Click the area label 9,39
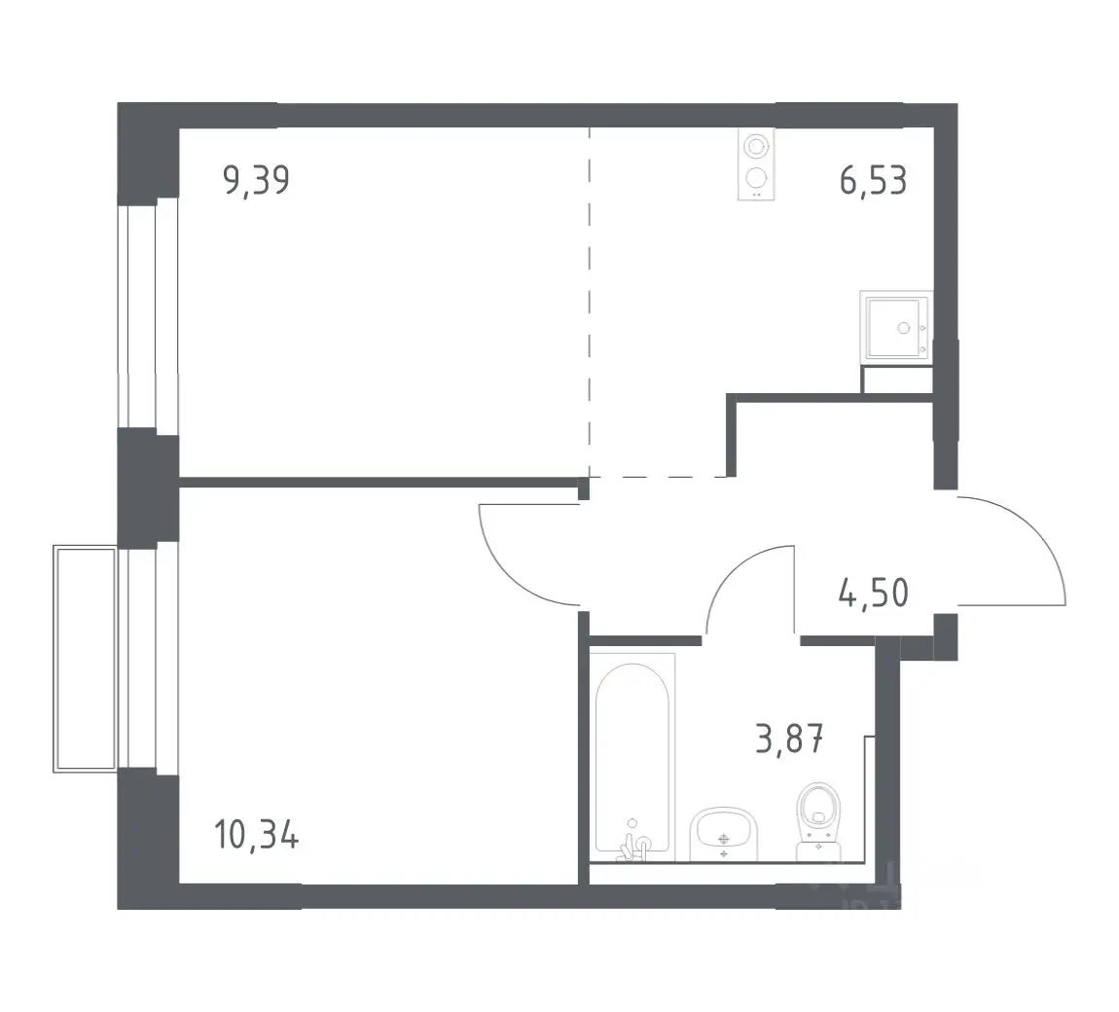(256, 180)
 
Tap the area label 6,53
(873, 180)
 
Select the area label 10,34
(256, 834)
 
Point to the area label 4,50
(874, 593)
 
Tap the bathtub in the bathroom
(632, 756)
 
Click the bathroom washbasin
(724, 834)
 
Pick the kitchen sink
(895, 328)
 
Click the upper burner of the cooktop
(756, 147)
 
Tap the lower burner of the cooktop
(756, 176)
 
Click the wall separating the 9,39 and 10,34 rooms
(379, 483)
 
